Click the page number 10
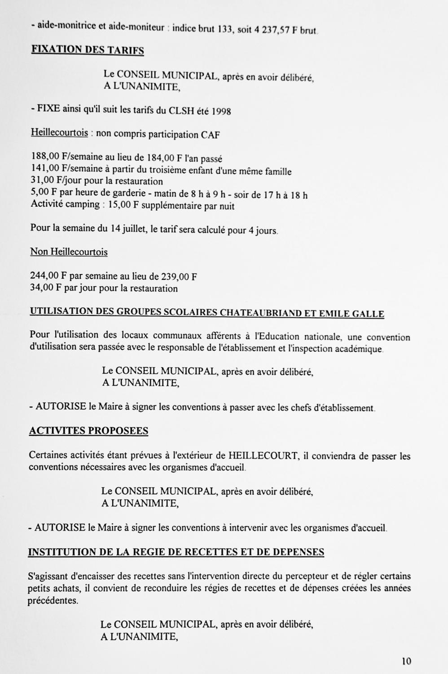coord(406,661)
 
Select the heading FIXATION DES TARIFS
coord(88,50)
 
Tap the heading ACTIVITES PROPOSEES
coord(88,430)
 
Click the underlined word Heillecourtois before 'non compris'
coord(59,133)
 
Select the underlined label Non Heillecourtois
coord(69,252)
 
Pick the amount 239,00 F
coord(179,276)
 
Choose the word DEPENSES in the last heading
coord(294,551)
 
